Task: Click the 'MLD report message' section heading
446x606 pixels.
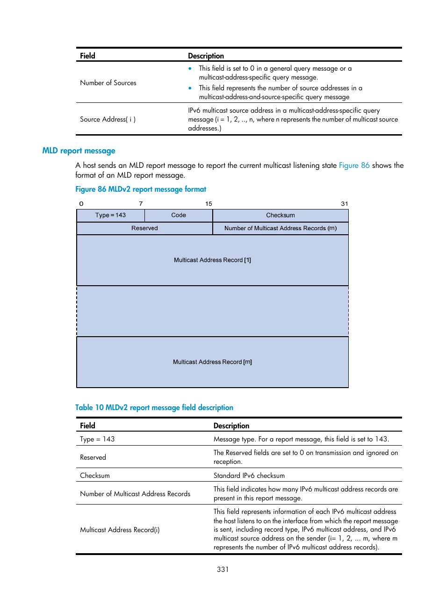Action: [79, 151]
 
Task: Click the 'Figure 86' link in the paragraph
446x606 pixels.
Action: [354, 166]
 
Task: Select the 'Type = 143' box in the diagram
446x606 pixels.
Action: [110, 215]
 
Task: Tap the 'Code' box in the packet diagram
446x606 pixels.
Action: [179, 215]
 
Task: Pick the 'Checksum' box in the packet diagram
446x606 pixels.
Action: [281, 215]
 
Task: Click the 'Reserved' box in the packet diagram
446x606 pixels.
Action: [144, 228]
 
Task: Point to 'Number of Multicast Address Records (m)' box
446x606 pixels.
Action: [281, 228]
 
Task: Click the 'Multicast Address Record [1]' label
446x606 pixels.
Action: [212, 260]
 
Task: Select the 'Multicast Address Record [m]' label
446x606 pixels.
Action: [212, 362]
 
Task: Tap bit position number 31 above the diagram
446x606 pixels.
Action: [345, 204]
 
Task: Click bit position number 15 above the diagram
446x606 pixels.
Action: [209, 204]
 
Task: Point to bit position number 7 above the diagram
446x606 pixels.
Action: [141, 204]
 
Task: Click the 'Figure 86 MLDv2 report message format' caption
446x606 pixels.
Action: [141, 189]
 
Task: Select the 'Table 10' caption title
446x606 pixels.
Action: [154, 408]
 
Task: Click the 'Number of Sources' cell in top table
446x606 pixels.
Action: [108, 83]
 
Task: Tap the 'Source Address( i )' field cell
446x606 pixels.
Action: [108, 119]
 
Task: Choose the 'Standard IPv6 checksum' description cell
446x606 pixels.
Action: [249, 476]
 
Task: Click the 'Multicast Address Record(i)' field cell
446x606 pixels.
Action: [120, 530]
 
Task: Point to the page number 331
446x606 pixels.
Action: [223, 570]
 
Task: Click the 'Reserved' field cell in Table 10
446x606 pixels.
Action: [93, 457]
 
